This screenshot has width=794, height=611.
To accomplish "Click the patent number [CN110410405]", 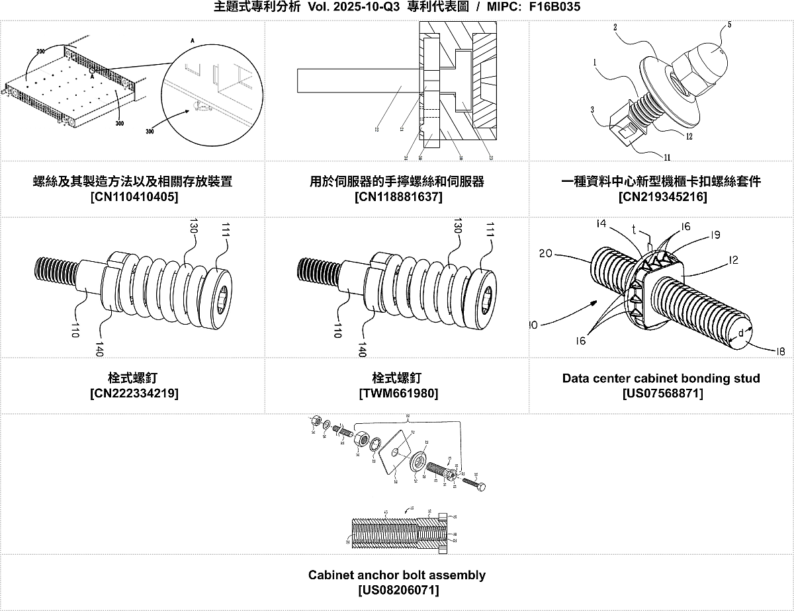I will [x=132, y=197].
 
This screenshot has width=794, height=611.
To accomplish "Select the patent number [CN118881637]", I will [x=397, y=197].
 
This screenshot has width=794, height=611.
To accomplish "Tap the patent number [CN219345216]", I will [x=662, y=197].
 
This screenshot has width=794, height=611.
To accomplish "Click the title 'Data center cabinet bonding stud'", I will [x=661, y=379].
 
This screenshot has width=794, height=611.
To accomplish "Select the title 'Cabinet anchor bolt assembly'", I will [x=396, y=575].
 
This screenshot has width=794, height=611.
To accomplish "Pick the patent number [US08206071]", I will [x=397, y=590].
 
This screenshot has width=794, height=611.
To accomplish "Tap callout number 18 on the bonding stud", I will [x=780, y=352].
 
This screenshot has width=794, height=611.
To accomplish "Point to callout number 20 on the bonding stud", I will [x=546, y=253].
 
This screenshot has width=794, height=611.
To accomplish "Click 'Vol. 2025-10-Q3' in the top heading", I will [x=354, y=8].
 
